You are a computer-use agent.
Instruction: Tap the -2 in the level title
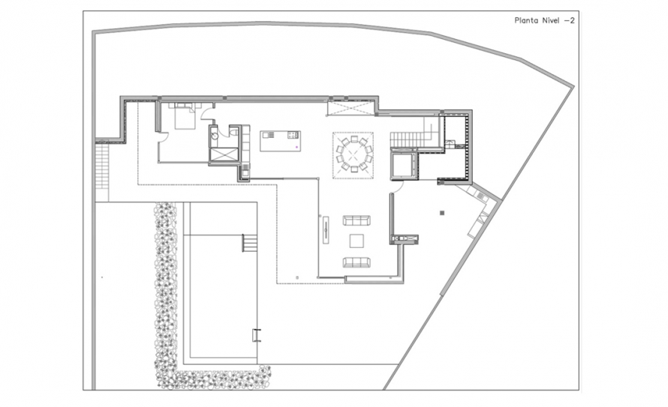[x=569, y=21]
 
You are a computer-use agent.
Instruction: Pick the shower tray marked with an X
[x=224, y=154]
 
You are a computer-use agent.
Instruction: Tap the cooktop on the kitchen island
[x=291, y=136]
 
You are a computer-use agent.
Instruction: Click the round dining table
[x=353, y=154]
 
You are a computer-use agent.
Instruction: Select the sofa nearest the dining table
[x=356, y=220]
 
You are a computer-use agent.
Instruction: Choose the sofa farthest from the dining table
[x=356, y=262]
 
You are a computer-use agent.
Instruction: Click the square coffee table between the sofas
[x=356, y=241]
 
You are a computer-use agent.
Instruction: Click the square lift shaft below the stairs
[x=402, y=164]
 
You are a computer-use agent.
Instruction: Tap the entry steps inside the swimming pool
[x=249, y=243]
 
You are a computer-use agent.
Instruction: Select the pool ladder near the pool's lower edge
[x=257, y=334]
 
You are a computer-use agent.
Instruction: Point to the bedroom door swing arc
[x=163, y=136]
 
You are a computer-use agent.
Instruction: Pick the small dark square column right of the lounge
[x=444, y=212]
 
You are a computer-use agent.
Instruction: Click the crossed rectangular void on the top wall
[x=348, y=109]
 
